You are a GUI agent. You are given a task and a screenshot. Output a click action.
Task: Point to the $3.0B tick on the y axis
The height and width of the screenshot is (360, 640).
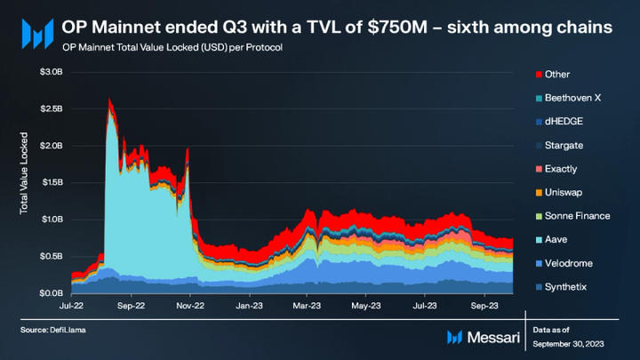pyautogui.click(x=50, y=71)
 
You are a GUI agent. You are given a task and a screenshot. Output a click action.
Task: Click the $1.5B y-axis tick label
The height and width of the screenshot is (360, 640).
pyautogui.click(x=50, y=181)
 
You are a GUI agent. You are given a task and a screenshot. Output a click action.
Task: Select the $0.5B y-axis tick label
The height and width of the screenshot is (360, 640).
pyautogui.click(x=50, y=256)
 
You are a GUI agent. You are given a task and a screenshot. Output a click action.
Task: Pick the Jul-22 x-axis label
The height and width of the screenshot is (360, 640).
pyautogui.click(x=71, y=302)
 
